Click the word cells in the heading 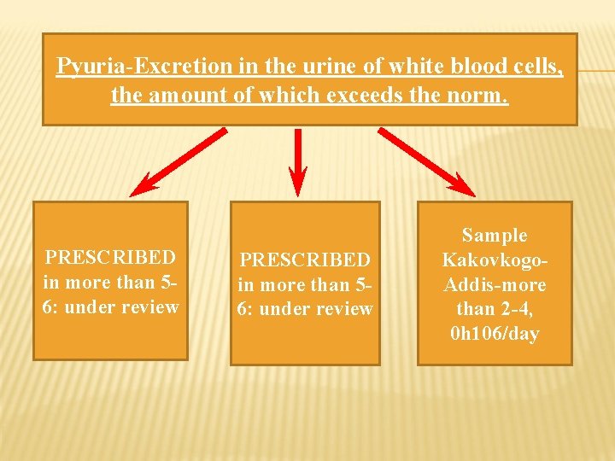[537, 66]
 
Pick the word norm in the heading [479, 95]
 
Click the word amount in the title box [190, 95]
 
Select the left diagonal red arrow [179, 161]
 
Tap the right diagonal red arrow [427, 161]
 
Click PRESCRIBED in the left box [110, 257]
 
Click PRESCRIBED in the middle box [305, 259]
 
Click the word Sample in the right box [495, 235]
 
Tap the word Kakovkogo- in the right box [495, 260]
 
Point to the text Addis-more [495, 284]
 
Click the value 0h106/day [495, 334]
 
